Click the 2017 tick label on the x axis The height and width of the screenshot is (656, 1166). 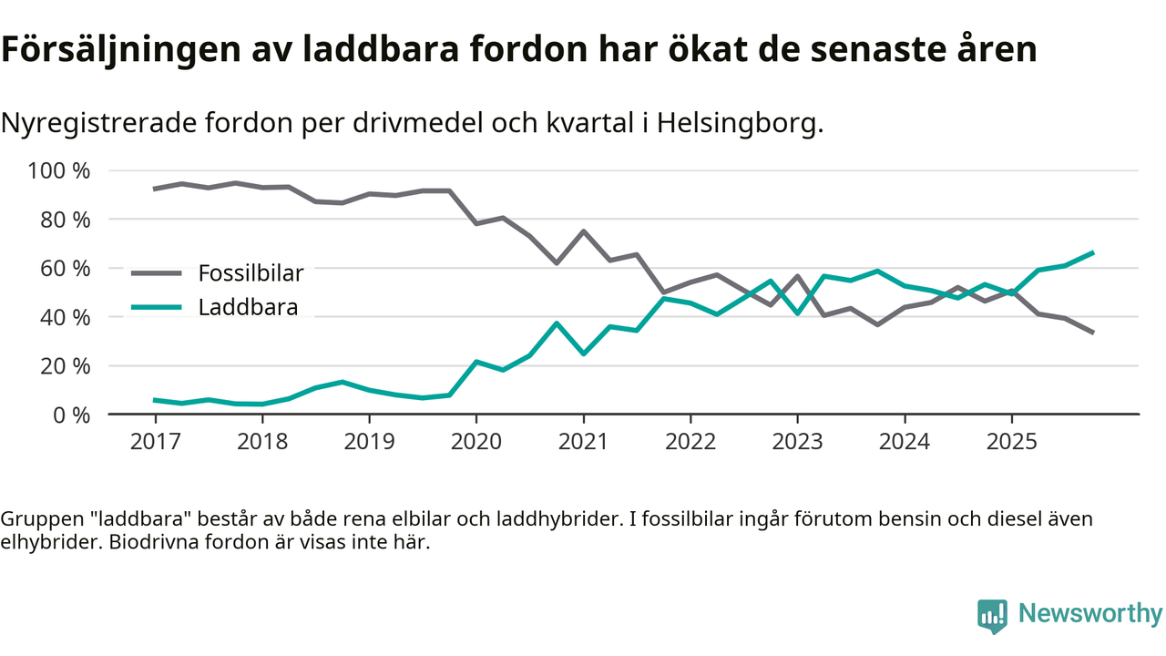[x=155, y=442]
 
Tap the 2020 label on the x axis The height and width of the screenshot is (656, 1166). [x=476, y=442]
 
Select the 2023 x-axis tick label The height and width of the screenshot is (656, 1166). [x=797, y=442]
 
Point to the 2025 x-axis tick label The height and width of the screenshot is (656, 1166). [x=1011, y=442]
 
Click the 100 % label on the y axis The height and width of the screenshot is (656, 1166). [x=60, y=171]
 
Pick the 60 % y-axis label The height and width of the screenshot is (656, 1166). [x=66, y=269]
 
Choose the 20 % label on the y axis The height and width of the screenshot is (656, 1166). [x=66, y=366]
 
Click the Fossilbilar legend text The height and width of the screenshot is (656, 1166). [x=251, y=272]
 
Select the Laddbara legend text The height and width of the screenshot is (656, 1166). [x=248, y=307]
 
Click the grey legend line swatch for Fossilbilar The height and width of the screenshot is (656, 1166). [x=159, y=272]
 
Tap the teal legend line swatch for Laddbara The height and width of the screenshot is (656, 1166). [x=159, y=307]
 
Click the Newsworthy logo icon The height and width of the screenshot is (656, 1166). [x=992, y=615]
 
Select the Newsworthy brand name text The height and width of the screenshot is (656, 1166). [x=1090, y=613]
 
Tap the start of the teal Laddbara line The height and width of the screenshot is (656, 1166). [x=155, y=400]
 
